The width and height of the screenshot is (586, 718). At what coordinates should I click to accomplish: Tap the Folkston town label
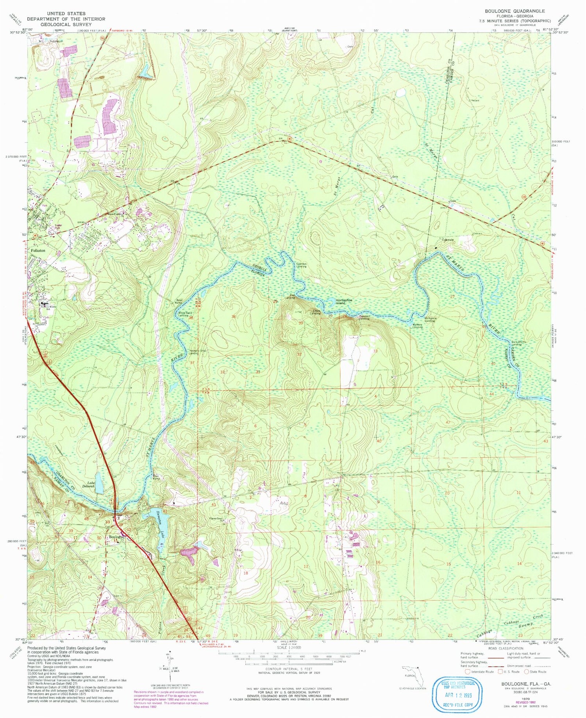point(38,251)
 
